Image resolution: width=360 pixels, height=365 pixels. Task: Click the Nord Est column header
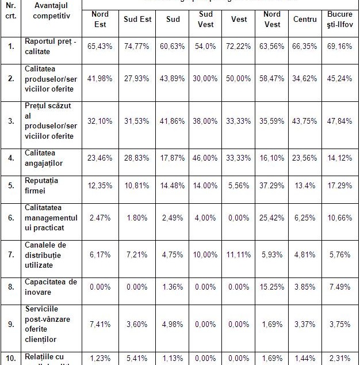click(x=99, y=20)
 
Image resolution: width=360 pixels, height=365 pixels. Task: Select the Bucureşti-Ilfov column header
click(x=340, y=20)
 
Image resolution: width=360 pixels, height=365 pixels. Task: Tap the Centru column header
click(x=305, y=20)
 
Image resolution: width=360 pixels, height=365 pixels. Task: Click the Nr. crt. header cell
click(x=11, y=10)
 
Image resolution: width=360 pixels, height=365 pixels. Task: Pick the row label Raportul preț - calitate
click(x=51, y=46)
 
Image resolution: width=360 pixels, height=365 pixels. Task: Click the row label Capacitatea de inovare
click(x=51, y=286)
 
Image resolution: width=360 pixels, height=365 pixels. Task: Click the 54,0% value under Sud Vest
click(x=206, y=46)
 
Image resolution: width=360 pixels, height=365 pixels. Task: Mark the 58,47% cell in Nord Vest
click(x=273, y=78)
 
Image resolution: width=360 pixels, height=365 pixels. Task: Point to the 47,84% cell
click(x=340, y=121)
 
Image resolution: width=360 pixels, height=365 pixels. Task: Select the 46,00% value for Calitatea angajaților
click(x=206, y=158)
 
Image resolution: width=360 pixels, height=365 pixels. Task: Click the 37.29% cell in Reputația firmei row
click(x=273, y=187)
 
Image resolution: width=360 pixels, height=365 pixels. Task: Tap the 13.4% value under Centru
click(x=305, y=187)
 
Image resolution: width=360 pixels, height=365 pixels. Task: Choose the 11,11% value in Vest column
click(x=239, y=255)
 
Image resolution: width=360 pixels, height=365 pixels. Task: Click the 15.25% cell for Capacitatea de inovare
click(x=273, y=286)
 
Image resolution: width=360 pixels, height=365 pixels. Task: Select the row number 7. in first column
click(x=11, y=255)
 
